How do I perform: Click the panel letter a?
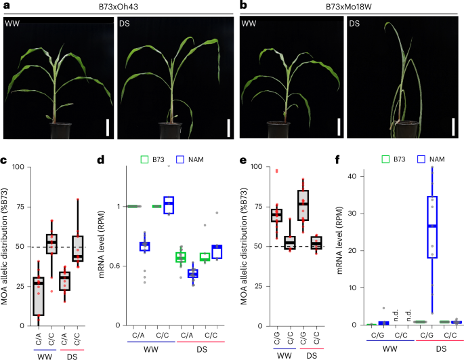tap(4, 5)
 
